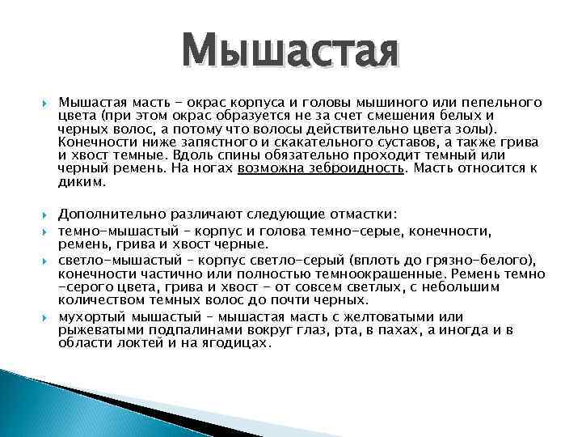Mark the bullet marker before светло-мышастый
coord(45,258)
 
